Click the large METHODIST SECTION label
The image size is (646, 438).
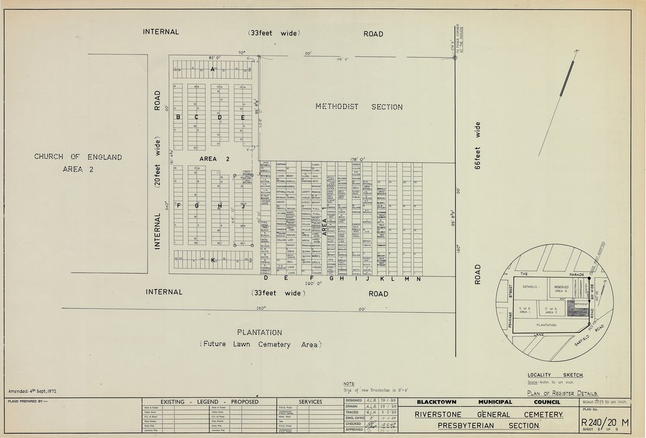tap(359, 107)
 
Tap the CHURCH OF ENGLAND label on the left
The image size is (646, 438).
tap(78, 157)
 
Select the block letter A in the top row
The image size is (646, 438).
tap(211, 68)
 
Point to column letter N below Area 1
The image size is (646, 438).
tap(418, 279)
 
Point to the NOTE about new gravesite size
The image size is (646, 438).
tap(378, 388)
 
